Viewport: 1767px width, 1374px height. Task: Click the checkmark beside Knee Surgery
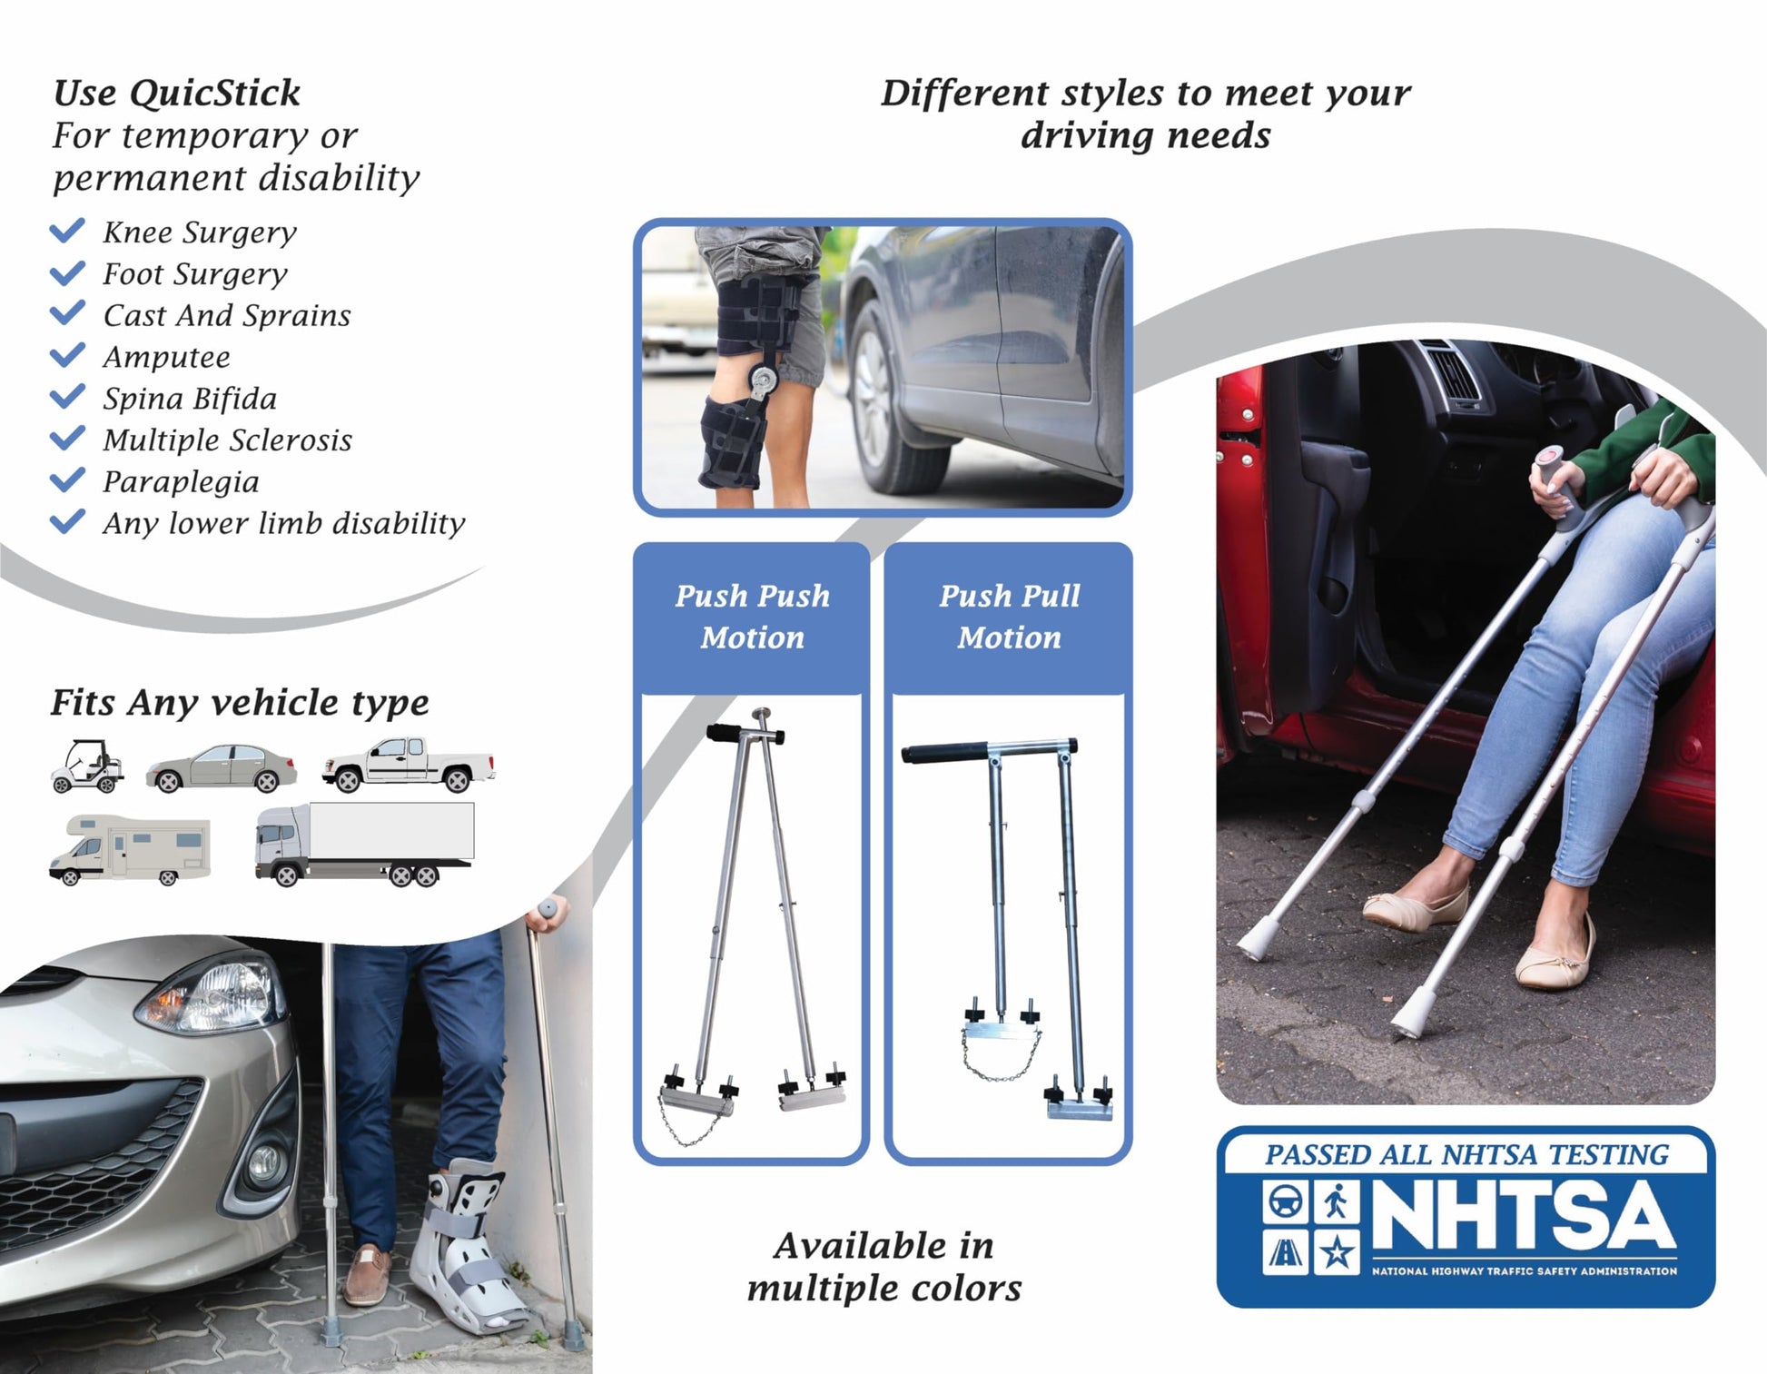(67, 231)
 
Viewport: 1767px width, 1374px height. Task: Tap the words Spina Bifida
(190, 399)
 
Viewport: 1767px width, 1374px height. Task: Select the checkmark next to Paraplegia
(67, 480)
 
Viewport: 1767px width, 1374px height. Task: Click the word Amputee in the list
(166, 357)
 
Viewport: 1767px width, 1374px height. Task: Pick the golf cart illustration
(87, 766)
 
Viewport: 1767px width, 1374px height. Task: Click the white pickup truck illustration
(409, 765)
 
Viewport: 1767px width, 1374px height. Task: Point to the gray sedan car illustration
(221, 768)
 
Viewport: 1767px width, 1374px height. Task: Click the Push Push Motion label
(752, 617)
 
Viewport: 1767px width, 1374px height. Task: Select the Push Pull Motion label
(1010, 617)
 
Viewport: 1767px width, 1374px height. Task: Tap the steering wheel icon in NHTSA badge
(1285, 1202)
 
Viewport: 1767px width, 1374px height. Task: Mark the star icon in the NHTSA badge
(1337, 1253)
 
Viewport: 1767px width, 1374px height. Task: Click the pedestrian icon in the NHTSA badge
(1337, 1202)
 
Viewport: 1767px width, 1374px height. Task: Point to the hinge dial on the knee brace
(763, 380)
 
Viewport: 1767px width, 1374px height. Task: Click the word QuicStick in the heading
(214, 93)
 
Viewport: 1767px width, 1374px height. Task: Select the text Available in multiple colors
(884, 1267)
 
